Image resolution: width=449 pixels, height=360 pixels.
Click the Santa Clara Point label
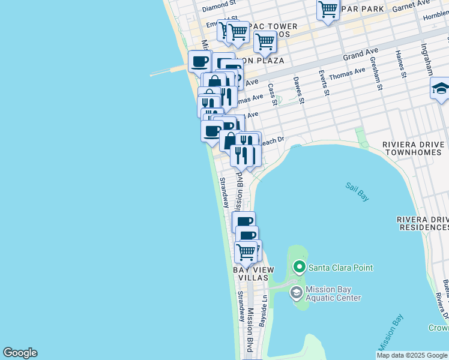click(340, 268)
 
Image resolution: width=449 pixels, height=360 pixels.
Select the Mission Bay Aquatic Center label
click(333, 293)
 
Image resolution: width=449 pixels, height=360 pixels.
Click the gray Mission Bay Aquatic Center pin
click(296, 293)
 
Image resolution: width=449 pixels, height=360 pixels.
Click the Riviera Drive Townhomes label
click(414, 149)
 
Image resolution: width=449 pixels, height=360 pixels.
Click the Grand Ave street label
click(357, 56)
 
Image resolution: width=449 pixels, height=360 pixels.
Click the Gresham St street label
click(376, 73)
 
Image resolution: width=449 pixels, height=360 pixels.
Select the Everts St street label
click(325, 83)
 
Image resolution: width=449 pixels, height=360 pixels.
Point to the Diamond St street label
click(216, 7)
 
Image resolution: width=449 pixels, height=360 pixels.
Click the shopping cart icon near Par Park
click(328, 10)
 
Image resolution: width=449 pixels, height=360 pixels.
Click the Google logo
click(20, 353)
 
